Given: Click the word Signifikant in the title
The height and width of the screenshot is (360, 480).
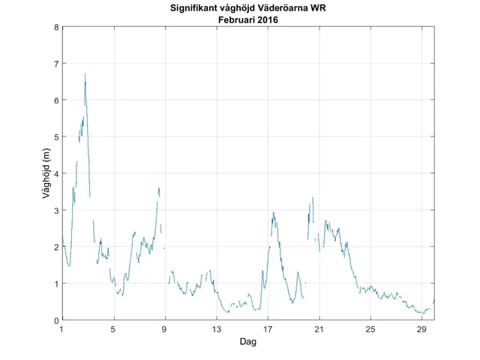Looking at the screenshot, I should click(x=196, y=9).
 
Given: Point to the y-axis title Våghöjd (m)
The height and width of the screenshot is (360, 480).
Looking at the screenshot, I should click(x=46, y=174).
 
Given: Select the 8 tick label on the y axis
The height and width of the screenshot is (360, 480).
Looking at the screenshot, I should click(x=55, y=28).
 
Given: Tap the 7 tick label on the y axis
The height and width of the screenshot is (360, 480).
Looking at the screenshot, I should click(x=55, y=64).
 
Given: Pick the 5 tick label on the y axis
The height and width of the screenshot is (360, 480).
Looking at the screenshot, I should click(x=55, y=137).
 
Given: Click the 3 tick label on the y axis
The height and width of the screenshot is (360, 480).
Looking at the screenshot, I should click(x=55, y=211).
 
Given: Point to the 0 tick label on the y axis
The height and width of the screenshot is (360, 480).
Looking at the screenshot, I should click(x=55, y=320).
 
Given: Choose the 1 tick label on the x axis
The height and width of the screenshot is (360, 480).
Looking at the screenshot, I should click(x=62, y=329).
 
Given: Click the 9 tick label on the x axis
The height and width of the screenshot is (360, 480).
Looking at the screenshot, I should click(x=165, y=329).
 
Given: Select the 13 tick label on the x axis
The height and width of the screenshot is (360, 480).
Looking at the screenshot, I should click(x=216, y=329).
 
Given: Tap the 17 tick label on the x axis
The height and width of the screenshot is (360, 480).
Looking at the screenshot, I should click(x=268, y=329).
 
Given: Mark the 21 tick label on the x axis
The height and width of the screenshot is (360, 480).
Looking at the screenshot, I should click(x=319, y=329).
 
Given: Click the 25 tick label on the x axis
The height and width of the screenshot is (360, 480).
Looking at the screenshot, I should click(x=370, y=329).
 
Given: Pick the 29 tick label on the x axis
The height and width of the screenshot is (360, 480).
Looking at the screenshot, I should click(x=421, y=329).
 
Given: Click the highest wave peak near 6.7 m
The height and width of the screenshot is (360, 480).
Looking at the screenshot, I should click(x=85, y=74).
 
